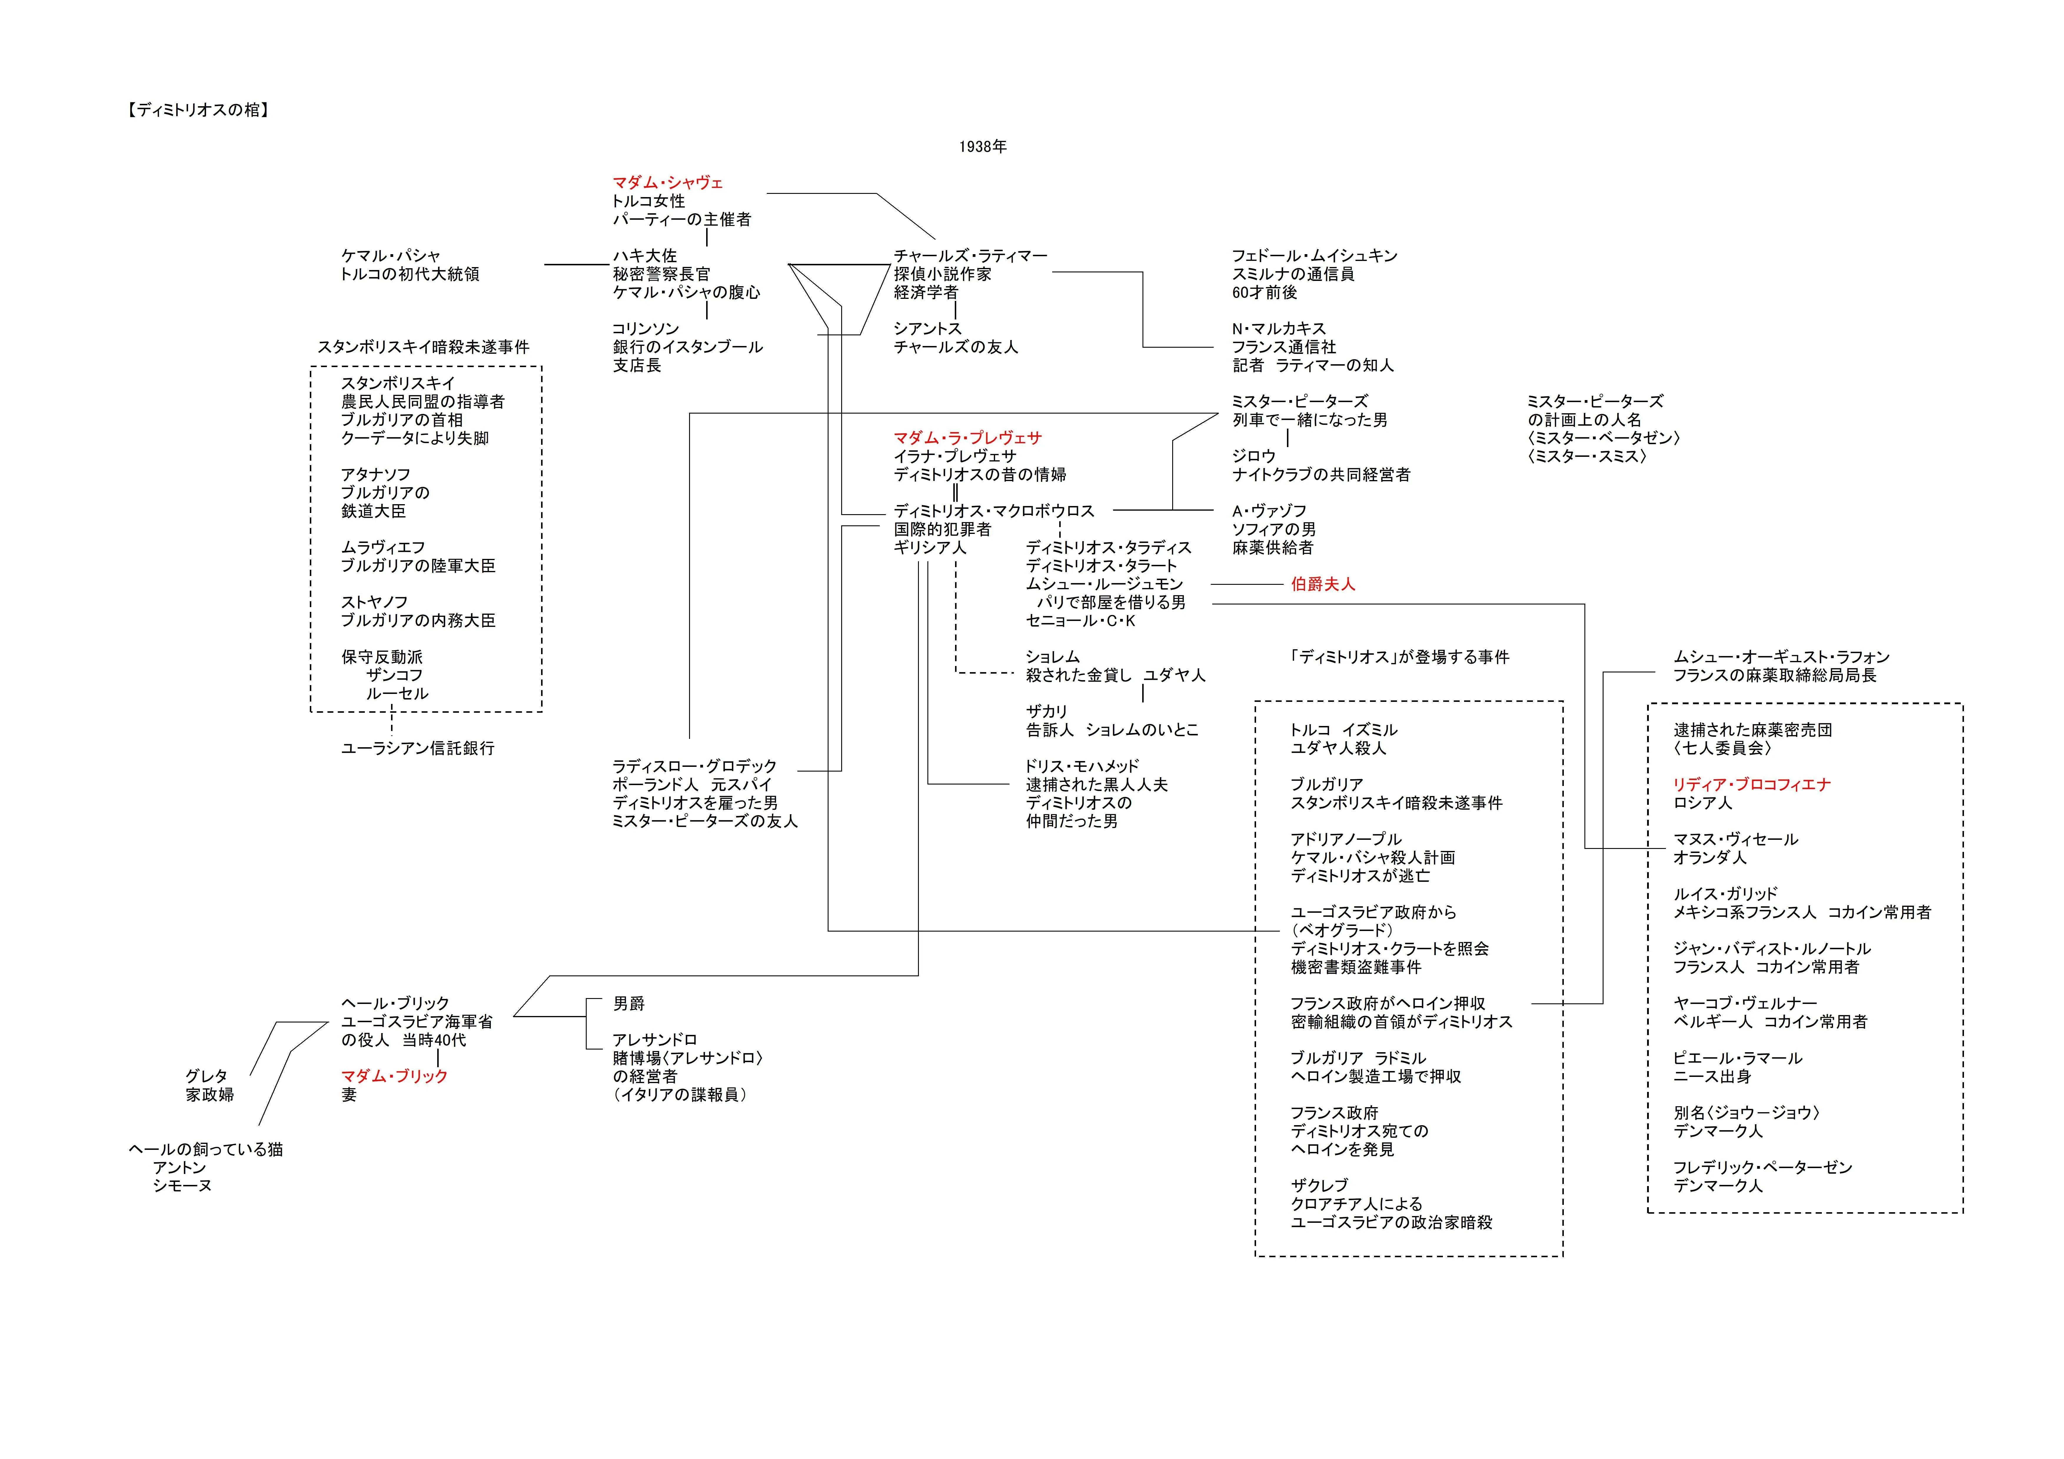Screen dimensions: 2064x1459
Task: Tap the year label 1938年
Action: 982,146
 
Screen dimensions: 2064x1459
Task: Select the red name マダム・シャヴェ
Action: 668,182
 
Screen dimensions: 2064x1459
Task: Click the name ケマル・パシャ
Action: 391,255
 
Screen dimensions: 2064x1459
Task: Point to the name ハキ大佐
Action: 645,255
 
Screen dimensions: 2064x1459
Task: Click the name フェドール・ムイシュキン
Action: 1314,255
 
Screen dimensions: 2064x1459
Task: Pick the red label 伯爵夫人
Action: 1322,584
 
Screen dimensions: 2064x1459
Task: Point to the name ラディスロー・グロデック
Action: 694,766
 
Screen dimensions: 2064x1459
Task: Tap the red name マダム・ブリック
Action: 394,1076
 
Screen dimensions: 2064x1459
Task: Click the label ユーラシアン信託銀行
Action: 417,748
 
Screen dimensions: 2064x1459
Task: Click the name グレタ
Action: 207,1076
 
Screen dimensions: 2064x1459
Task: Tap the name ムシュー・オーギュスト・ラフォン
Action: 1781,657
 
